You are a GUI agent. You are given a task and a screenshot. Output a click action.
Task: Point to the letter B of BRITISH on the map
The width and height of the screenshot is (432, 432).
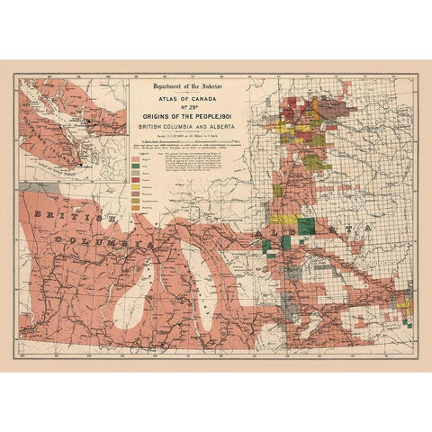click(35, 215)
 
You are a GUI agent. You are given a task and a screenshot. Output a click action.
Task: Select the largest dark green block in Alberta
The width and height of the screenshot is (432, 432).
click(306, 226)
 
